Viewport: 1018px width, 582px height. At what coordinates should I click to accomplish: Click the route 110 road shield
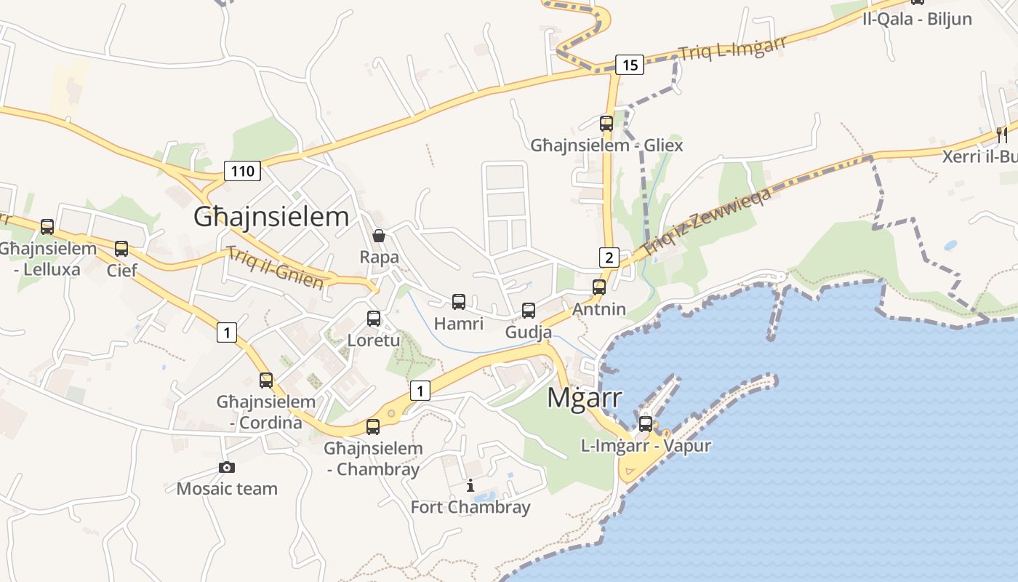click(x=242, y=171)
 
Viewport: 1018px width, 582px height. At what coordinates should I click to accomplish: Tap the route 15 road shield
click(x=630, y=65)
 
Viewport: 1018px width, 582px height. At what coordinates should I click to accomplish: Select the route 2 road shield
click(x=609, y=257)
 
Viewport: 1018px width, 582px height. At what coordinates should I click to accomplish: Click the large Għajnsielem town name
click(x=271, y=217)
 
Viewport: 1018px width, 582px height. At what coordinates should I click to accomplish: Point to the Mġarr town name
click(x=584, y=398)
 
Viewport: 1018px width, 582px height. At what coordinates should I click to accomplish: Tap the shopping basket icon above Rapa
click(x=378, y=235)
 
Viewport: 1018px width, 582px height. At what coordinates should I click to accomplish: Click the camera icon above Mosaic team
click(x=227, y=467)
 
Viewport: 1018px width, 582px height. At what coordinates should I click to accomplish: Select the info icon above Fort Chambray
click(x=470, y=485)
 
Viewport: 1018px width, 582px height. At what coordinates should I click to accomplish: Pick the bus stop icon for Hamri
click(x=459, y=301)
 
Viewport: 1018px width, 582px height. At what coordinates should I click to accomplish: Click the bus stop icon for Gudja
click(x=529, y=311)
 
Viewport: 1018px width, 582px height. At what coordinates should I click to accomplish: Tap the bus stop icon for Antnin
click(x=598, y=287)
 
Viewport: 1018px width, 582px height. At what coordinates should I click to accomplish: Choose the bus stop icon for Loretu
click(x=374, y=318)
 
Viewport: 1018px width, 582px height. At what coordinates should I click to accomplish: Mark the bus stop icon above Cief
click(x=121, y=249)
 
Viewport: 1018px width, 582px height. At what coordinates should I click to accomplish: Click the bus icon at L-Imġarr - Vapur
click(x=646, y=423)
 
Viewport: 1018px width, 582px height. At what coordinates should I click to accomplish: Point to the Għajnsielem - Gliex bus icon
click(x=606, y=123)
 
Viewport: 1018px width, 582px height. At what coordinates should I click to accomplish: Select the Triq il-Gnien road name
click(x=274, y=268)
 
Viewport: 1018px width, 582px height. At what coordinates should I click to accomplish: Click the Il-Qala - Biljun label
click(x=917, y=19)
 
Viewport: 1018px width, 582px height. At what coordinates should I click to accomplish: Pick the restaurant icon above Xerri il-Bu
click(x=1002, y=135)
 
